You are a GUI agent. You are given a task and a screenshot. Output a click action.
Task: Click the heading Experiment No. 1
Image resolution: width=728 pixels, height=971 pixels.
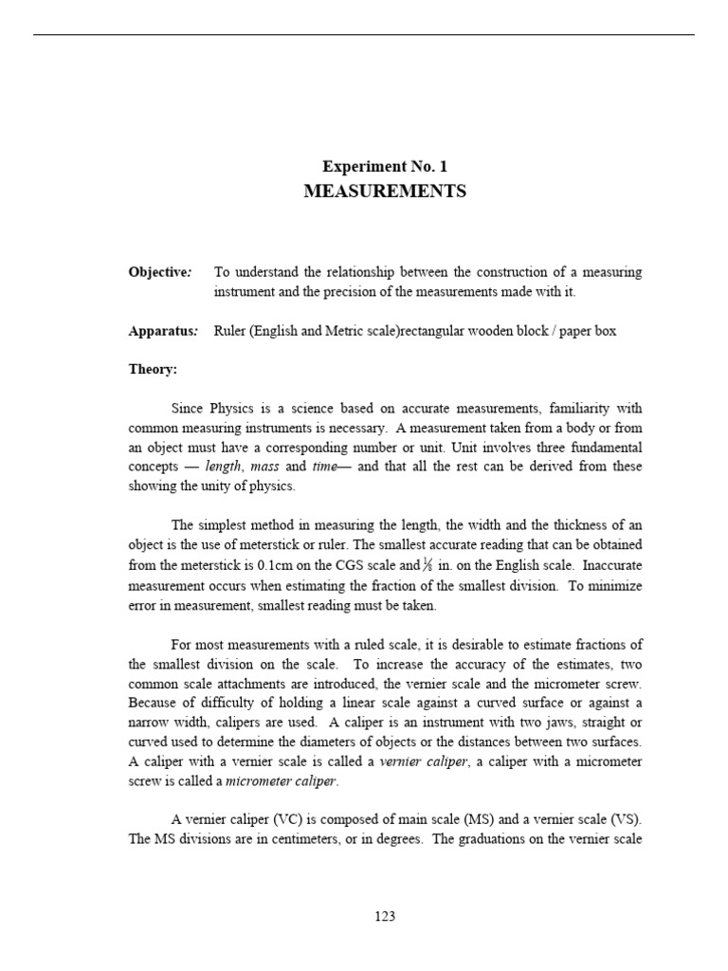(x=384, y=166)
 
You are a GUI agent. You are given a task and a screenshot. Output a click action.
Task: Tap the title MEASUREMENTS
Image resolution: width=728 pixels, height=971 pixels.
(x=384, y=192)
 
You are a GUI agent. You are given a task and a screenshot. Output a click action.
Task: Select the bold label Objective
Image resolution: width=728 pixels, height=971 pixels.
(x=159, y=272)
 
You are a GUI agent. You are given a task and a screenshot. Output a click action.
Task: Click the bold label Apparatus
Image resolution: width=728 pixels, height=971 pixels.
(x=161, y=332)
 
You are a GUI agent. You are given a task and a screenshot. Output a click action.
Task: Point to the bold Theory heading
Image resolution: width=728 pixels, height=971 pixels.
(x=153, y=370)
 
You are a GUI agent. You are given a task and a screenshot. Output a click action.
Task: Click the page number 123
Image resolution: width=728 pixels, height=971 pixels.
(x=384, y=916)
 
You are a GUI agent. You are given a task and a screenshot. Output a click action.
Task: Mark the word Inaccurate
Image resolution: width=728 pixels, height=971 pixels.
(x=610, y=565)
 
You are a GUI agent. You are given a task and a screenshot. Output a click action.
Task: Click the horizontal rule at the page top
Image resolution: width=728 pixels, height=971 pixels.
(x=364, y=35)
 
